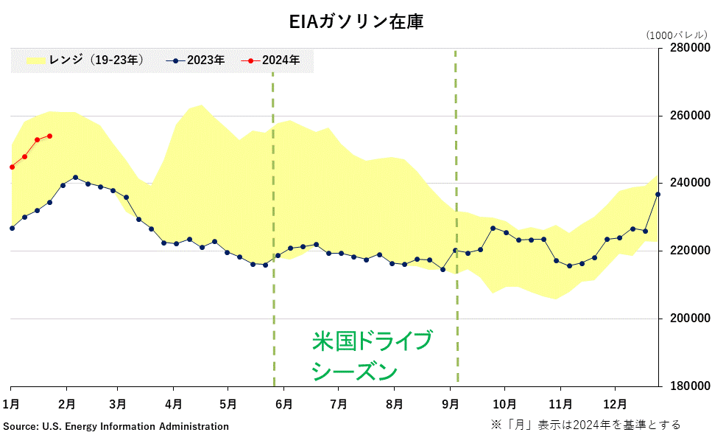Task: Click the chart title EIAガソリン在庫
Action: click(356, 22)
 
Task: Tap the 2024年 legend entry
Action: click(270, 60)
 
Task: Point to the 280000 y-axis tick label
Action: click(690, 48)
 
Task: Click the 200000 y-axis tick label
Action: click(690, 319)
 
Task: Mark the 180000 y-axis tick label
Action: click(690, 386)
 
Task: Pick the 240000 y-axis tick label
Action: click(690, 183)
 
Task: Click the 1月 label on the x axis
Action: click(11, 404)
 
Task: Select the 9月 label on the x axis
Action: click(450, 404)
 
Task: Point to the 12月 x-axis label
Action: click(615, 404)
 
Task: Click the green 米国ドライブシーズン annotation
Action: click(372, 355)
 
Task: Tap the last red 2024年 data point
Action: click(49, 136)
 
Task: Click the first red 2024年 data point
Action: click(12, 167)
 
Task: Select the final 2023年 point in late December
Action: click(658, 194)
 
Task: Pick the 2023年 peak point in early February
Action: click(75, 178)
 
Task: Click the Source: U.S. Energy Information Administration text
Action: click(116, 426)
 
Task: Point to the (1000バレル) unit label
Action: click(675, 35)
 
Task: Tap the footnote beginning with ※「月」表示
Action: click(585, 425)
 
